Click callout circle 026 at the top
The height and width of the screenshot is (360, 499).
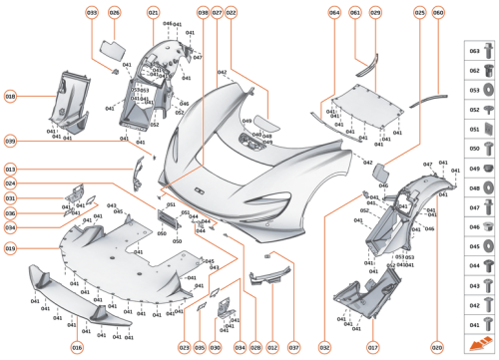115,13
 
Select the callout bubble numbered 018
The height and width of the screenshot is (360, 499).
11,97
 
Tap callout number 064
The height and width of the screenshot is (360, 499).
334,13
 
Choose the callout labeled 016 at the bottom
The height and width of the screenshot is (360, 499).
77,346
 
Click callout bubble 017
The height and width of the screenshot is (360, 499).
371,346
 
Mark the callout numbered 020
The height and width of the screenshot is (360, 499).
436,346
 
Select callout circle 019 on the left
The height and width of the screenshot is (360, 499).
11,247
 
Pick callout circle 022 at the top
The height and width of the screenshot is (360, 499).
231,13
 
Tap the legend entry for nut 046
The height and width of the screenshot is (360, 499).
480,227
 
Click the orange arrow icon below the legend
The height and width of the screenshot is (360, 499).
480,342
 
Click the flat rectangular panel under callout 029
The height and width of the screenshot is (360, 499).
365,101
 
